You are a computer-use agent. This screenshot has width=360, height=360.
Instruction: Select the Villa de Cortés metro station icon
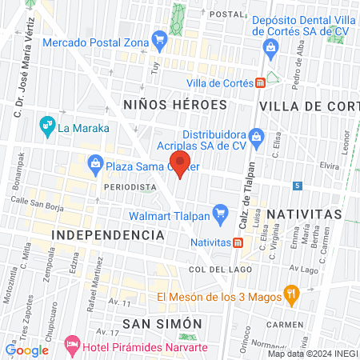(261, 82)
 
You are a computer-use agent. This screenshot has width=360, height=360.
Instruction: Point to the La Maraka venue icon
(46, 125)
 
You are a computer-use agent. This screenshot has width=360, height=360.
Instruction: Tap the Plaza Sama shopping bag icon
(95, 165)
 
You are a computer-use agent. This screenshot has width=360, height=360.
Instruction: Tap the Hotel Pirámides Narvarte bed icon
(73, 344)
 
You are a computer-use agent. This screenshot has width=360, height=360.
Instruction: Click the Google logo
(26, 350)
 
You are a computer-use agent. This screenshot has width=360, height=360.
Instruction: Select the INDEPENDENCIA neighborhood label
(108, 235)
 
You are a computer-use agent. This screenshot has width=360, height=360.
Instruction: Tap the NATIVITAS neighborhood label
(303, 214)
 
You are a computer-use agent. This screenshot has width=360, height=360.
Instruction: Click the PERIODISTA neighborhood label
(130, 186)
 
